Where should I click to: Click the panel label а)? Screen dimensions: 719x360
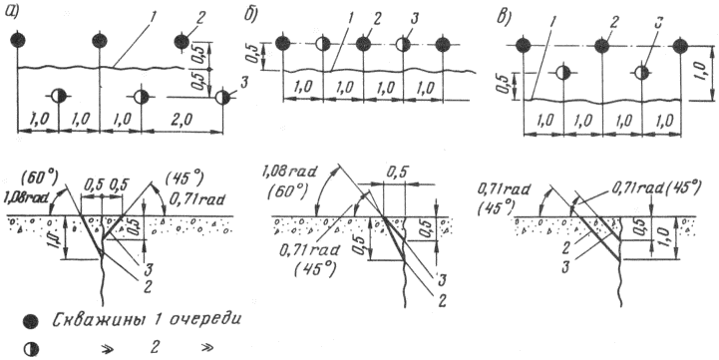click(x=10, y=11)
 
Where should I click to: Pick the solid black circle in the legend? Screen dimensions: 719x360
click(x=30, y=322)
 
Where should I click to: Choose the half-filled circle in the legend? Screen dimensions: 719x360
click(x=31, y=349)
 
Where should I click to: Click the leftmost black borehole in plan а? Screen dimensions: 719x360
click(x=17, y=40)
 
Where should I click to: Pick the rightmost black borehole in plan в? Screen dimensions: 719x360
click(x=680, y=46)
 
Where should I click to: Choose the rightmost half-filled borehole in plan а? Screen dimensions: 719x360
click(x=222, y=97)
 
